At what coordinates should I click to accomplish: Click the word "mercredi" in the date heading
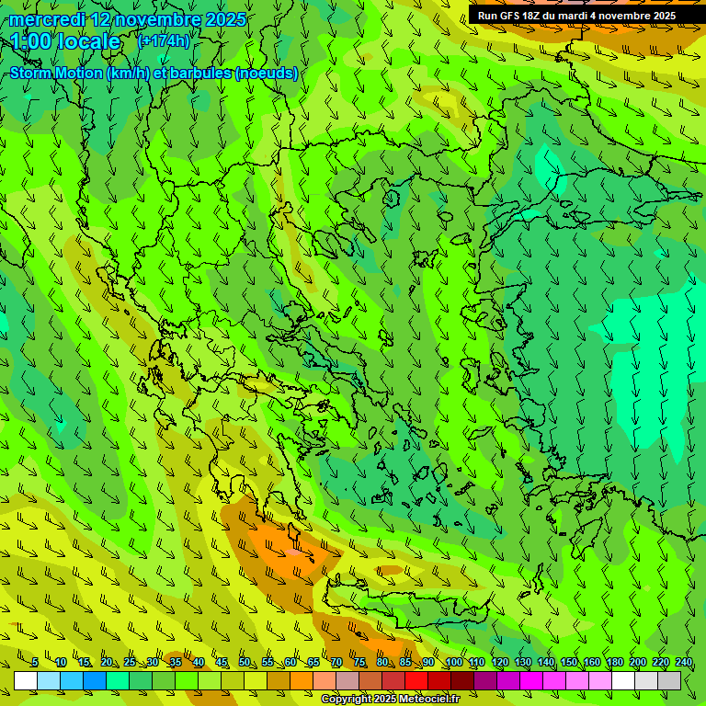47,19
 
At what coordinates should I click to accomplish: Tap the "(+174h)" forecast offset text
164,40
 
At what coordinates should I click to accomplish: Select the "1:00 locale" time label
66,41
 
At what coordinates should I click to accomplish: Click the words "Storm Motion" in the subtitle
57,74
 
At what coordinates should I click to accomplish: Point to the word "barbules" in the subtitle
201,74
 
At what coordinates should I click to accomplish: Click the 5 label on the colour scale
34,663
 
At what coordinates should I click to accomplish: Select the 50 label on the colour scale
244,663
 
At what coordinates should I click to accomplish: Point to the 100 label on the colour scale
453,663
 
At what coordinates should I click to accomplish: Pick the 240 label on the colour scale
684,663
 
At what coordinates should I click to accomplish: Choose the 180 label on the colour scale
613,663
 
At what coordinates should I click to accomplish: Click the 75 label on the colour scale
359,663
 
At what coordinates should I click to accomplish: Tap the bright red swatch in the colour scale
416,680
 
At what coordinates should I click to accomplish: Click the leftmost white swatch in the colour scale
26,680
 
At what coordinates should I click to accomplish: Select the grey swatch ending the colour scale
669,680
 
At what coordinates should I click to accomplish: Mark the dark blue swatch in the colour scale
95,680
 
